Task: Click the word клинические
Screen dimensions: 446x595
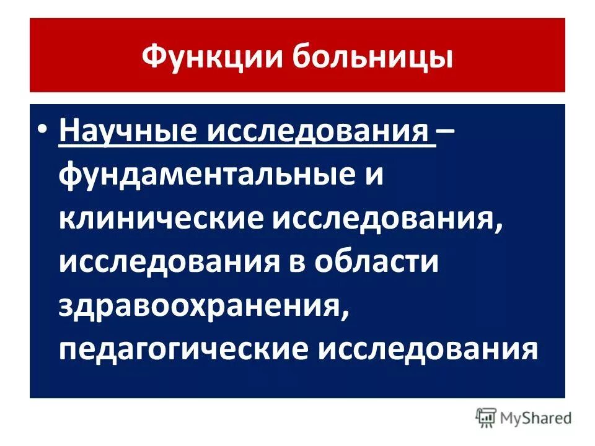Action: pyautogui.click(x=162, y=219)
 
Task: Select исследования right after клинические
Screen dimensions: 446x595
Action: pyautogui.click(x=382, y=219)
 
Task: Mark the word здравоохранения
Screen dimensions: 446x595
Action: pyautogui.click(x=198, y=305)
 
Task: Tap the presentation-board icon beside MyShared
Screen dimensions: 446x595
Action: pyautogui.click(x=487, y=418)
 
